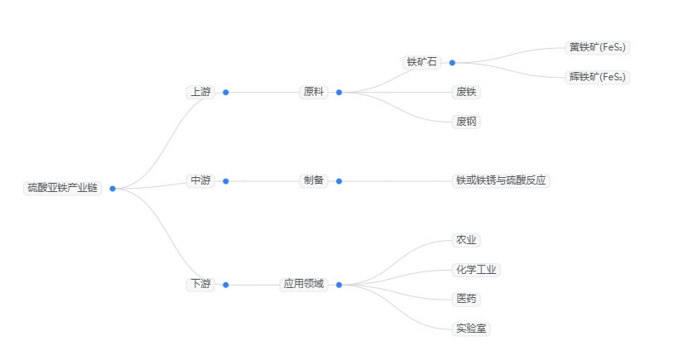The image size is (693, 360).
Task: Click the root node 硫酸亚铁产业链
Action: click(x=62, y=188)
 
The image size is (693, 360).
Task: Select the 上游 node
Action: click(x=200, y=92)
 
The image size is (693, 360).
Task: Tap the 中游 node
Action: click(x=200, y=180)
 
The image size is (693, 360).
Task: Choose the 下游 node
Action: click(x=200, y=284)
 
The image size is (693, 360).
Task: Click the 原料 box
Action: click(x=314, y=92)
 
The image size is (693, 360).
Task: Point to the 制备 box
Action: click(x=314, y=180)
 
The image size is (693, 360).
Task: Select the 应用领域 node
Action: click(x=304, y=284)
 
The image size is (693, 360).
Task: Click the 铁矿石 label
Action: click(x=421, y=62)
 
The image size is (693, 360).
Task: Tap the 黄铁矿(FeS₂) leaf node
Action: click(x=599, y=47)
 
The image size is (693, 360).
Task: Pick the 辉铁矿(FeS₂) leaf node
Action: click(x=599, y=77)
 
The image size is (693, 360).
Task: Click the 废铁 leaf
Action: click(x=467, y=92)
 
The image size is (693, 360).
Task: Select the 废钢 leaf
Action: click(x=467, y=122)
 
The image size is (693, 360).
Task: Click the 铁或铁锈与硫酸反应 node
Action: click(x=501, y=180)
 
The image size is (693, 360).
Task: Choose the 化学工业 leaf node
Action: click(x=477, y=270)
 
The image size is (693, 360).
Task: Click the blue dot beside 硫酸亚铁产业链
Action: click(x=113, y=189)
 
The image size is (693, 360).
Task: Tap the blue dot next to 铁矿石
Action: click(x=452, y=62)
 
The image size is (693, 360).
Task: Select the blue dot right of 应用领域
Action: click(x=339, y=285)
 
